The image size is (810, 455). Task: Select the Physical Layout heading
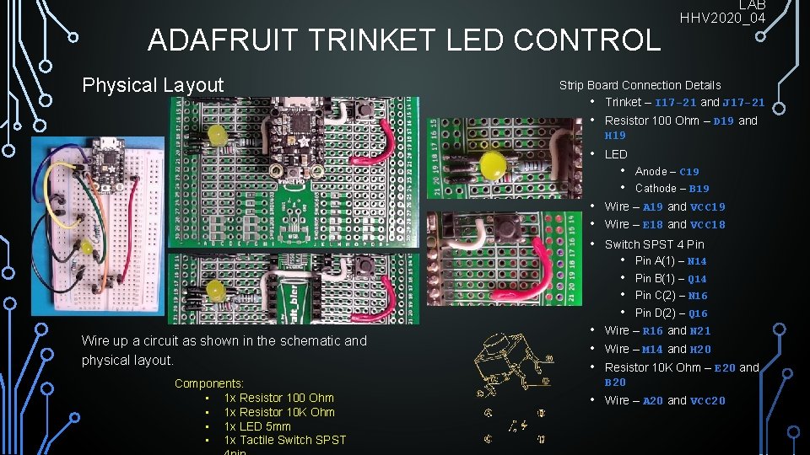click(153, 85)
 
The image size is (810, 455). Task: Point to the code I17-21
click(676, 102)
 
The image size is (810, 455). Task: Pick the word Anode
click(651, 171)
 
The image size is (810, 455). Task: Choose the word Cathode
click(656, 189)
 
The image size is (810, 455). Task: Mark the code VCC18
click(708, 225)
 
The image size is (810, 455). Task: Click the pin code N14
click(697, 261)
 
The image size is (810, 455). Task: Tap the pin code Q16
click(698, 313)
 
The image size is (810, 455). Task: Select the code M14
click(652, 349)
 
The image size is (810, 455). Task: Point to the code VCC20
click(708, 401)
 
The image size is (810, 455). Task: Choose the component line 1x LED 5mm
click(256, 426)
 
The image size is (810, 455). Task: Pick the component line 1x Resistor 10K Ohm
click(278, 412)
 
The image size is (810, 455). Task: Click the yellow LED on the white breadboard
click(86, 249)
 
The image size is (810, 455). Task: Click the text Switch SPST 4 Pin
click(654, 244)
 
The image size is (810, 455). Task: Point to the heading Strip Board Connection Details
click(640, 85)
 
